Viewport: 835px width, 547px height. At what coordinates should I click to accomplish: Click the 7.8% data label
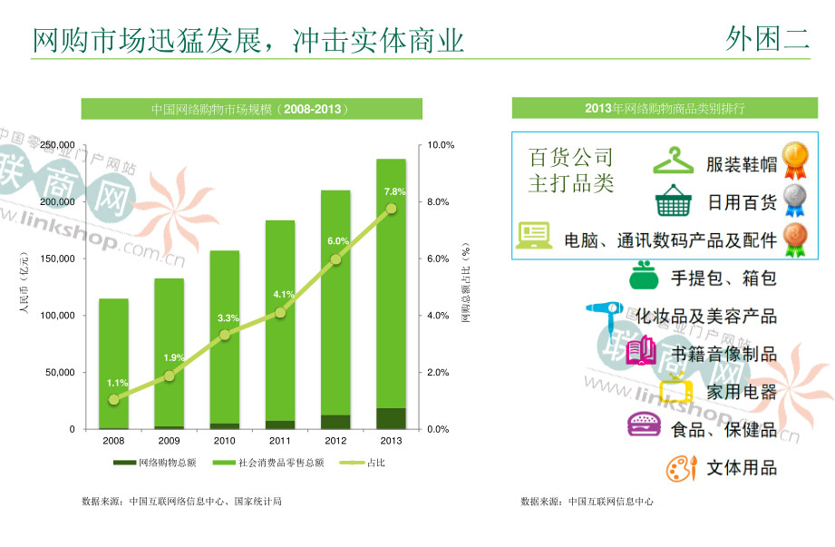point(394,192)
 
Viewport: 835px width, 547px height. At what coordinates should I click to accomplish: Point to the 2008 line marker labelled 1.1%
point(113,399)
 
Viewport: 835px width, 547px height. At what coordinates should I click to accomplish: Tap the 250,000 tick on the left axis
point(58,145)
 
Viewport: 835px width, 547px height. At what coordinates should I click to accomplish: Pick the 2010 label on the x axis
point(224,442)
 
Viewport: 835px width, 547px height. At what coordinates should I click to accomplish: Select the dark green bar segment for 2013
point(391,418)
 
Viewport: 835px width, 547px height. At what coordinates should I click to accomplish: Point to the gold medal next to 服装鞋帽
point(795,159)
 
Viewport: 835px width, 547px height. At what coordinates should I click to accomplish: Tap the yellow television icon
point(676,390)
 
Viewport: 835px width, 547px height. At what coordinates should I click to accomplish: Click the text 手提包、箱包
point(723,278)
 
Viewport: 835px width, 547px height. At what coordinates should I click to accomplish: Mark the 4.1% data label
point(283,295)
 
